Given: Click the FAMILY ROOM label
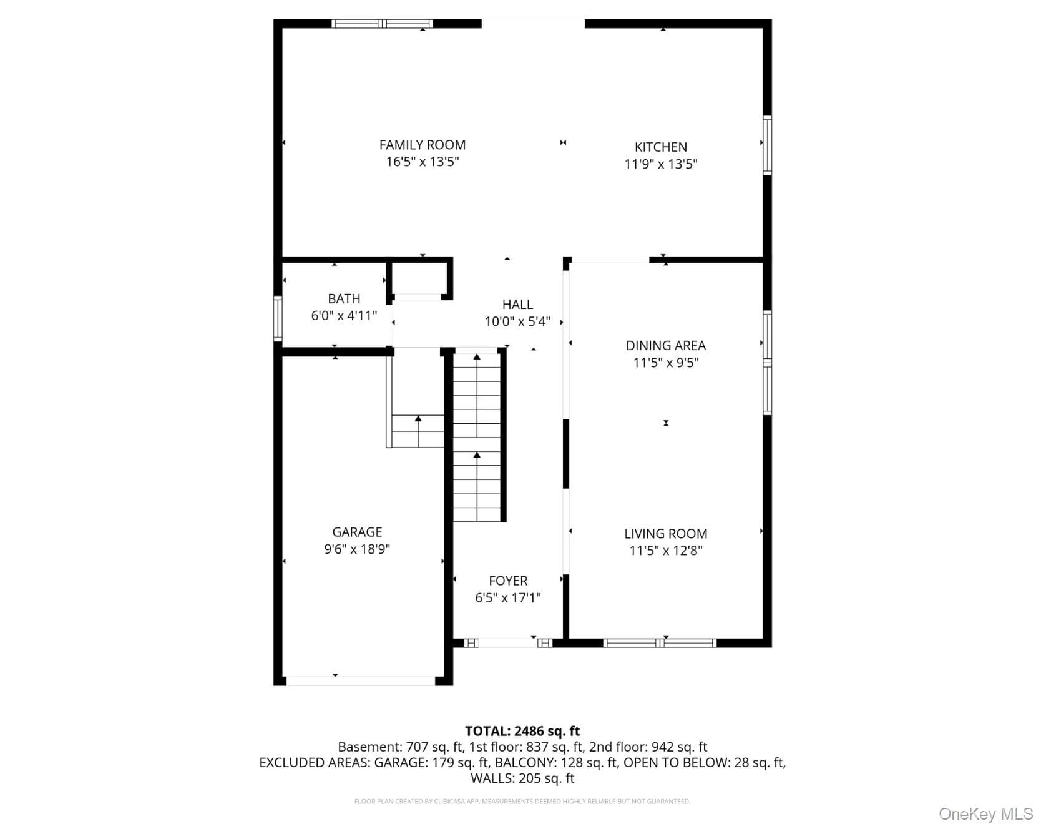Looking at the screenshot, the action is tap(423, 145).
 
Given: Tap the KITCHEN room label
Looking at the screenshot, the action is tap(661, 147).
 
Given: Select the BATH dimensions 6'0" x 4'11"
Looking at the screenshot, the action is tap(344, 316).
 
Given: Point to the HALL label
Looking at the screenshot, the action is tap(517, 305).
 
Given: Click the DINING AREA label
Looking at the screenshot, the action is tap(666, 346).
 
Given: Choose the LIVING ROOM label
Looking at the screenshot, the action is tap(666, 534).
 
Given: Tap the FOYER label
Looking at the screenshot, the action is tap(508, 581).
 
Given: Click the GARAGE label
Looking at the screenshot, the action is tap(357, 532).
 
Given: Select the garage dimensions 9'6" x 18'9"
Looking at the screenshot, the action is tap(357, 549).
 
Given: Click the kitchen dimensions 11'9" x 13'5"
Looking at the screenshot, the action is tap(661, 164).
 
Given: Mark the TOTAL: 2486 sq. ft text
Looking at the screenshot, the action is tap(522, 731).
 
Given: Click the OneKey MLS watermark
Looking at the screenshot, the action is tap(986, 813).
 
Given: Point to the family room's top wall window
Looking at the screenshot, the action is tap(382, 24).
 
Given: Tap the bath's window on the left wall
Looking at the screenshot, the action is tap(278, 318).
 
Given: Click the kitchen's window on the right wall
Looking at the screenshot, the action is tap(768, 145).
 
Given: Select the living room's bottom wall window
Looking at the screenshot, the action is tap(660, 643).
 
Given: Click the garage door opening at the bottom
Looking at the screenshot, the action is tap(361, 681).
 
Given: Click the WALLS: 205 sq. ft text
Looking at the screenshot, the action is tap(522, 778).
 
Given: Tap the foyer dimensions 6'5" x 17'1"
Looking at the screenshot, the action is tap(508, 598).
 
